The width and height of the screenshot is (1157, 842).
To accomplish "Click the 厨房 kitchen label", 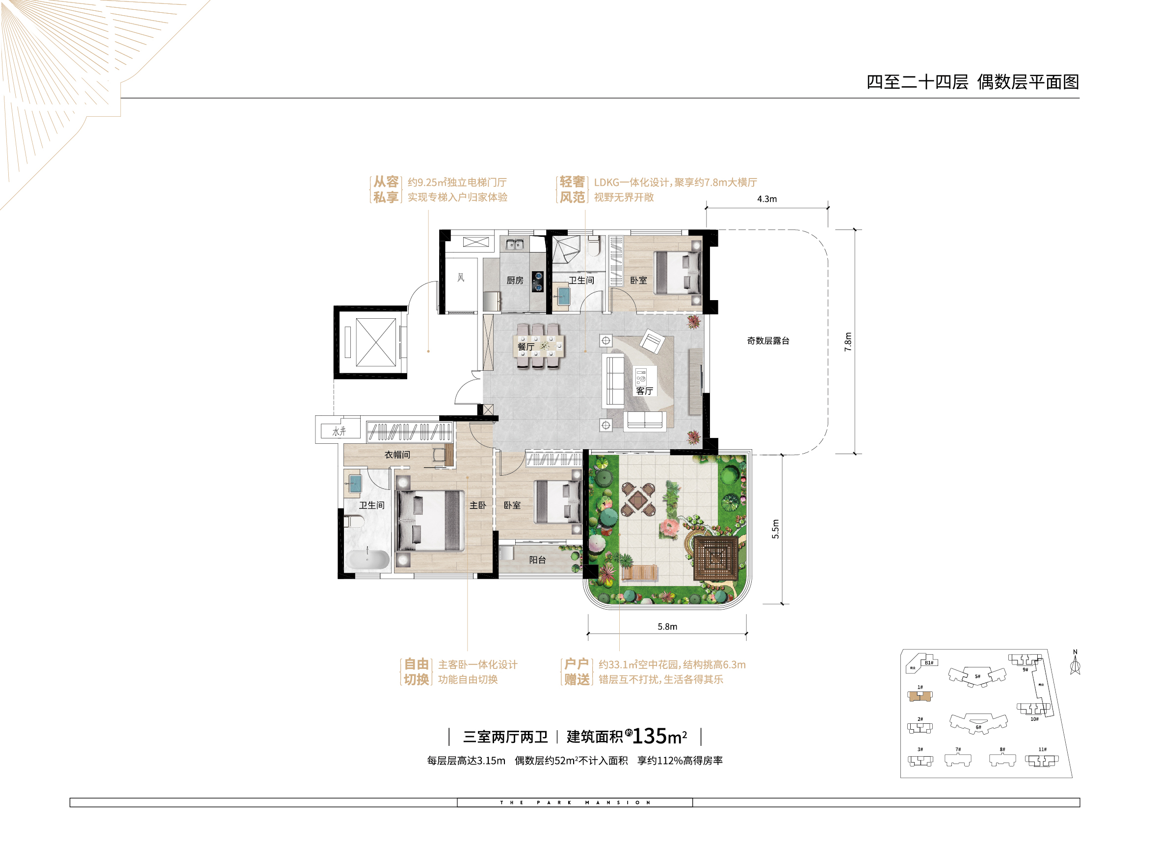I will [x=515, y=281].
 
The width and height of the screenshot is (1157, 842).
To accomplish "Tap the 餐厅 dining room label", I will [x=526, y=347].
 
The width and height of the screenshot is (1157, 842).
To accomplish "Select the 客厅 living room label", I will [x=644, y=391].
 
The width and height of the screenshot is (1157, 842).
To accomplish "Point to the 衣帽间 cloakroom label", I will [x=397, y=455].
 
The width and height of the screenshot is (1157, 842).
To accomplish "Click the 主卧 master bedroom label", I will [x=477, y=506].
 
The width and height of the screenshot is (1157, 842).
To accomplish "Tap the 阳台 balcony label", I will [x=537, y=560].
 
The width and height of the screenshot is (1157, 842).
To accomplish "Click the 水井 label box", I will [x=339, y=432].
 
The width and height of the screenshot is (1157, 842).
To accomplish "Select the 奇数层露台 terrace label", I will [x=768, y=341].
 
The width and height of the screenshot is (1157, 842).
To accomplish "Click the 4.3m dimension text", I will [x=766, y=199].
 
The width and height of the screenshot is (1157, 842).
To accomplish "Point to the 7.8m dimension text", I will [x=848, y=342].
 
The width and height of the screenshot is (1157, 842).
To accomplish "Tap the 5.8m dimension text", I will [x=667, y=627].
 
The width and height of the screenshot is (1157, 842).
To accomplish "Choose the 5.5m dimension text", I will [x=775, y=529].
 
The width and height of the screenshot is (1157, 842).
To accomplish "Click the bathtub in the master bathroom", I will [x=368, y=560].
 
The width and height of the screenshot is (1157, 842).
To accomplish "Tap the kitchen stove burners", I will [x=538, y=282].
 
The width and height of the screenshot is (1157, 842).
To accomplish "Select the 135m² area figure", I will [x=658, y=737].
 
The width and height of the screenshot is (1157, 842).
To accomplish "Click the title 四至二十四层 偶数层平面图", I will [x=973, y=82].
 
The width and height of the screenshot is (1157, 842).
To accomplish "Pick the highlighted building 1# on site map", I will [x=920, y=696].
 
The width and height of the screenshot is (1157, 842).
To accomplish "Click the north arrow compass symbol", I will [x=1075, y=664].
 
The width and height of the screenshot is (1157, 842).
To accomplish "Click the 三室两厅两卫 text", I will [x=505, y=737].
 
